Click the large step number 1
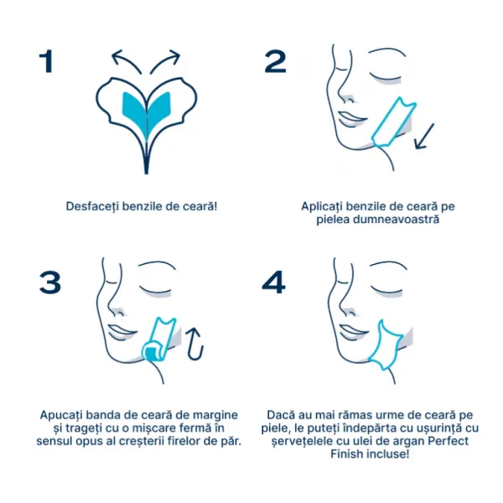(x=46, y=61)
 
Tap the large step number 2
(x=275, y=61)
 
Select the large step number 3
(x=50, y=283)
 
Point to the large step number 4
(x=273, y=283)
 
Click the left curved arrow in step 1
(x=124, y=60)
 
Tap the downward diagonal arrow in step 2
(x=424, y=137)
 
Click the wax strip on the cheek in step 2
(x=393, y=122)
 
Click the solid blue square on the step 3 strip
(x=149, y=352)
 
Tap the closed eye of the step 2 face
(x=385, y=77)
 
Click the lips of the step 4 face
(x=352, y=333)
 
